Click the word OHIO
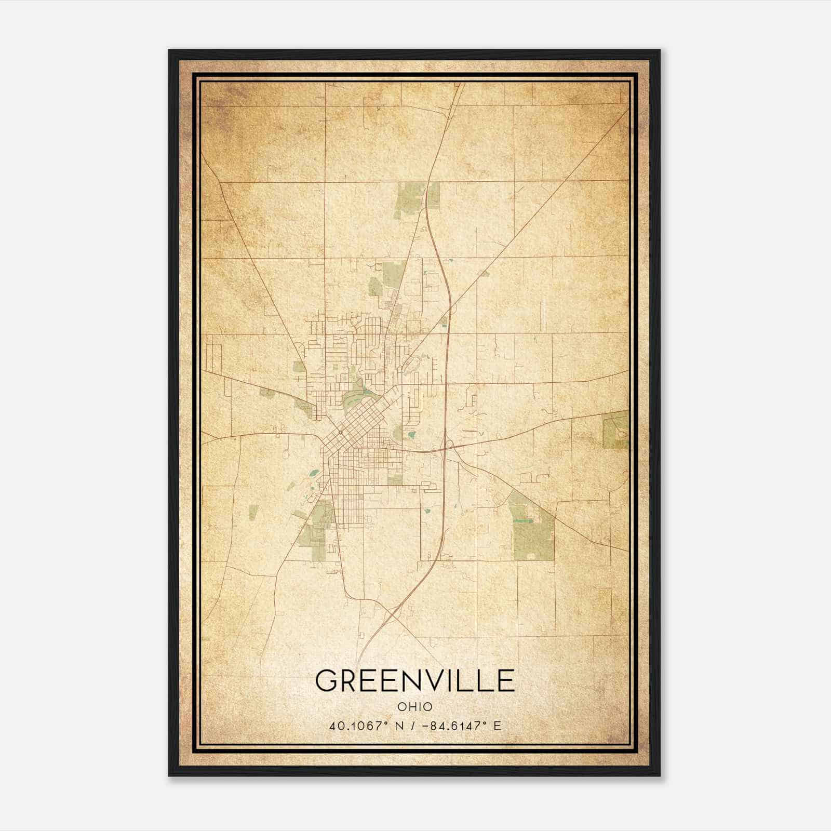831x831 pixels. coord(415,707)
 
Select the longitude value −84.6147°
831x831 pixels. coord(453,726)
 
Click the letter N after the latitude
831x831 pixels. coord(399,726)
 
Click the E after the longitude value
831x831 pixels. coord(498,726)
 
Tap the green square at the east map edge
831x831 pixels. coord(616,430)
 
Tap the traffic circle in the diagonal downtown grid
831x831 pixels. coord(340,432)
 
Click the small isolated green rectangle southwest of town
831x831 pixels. coord(253,512)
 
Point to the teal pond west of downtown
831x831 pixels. coord(314,473)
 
